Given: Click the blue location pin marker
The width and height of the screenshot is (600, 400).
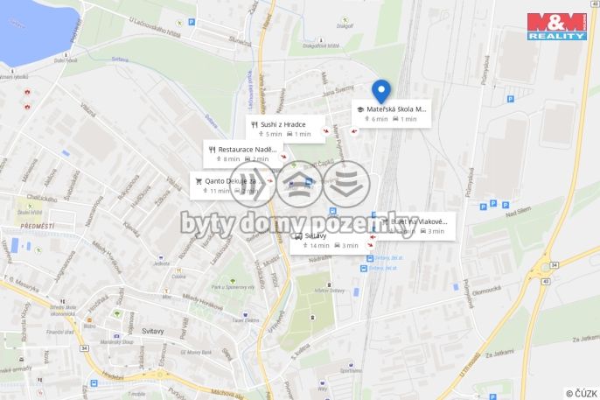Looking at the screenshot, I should click(380, 90).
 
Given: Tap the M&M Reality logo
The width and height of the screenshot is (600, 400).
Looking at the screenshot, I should click(556, 25).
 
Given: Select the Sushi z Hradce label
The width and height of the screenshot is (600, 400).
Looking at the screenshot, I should click(283, 125).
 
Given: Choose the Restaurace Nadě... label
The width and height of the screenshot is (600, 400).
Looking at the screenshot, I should click(247, 150).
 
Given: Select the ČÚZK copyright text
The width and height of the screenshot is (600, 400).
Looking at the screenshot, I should click(581, 393).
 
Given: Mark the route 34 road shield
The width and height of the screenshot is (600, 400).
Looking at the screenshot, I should click(84, 347).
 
